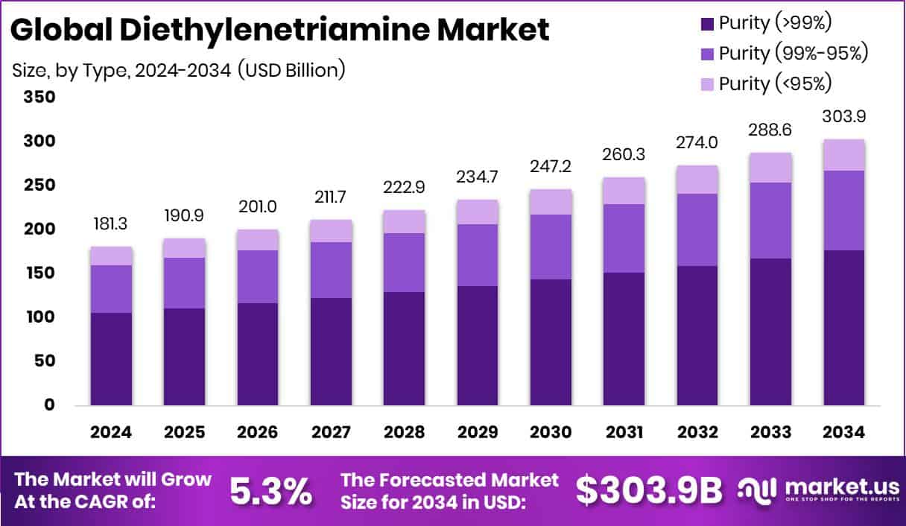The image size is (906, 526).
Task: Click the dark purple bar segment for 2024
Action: tap(111, 358)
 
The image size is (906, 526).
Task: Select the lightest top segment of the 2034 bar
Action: tap(844, 155)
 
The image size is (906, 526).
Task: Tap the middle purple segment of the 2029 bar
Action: tap(478, 255)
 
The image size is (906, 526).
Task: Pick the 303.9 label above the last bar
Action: tap(844, 116)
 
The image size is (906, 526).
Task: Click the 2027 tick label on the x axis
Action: tap(331, 432)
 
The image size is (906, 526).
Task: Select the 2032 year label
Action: tap(697, 432)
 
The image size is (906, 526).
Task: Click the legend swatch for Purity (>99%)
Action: tap(706, 24)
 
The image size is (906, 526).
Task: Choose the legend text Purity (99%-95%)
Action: tap(793, 54)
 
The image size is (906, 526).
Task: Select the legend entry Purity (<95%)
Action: tap(775, 83)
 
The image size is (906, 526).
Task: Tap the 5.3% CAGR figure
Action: tap(270, 490)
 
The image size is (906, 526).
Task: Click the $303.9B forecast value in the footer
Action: tap(650, 490)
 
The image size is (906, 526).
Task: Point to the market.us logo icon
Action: tap(758, 489)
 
